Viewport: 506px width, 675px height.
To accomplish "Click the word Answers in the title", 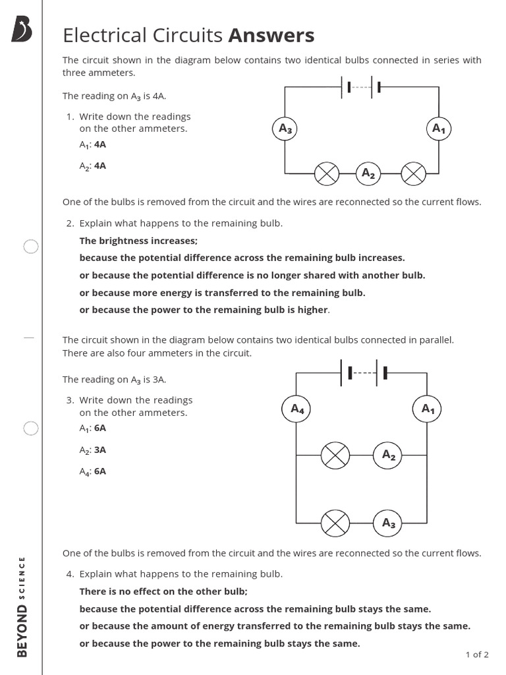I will pyautogui.click(x=271, y=35).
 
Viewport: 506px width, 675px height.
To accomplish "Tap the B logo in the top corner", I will pyautogui.click(x=22, y=30).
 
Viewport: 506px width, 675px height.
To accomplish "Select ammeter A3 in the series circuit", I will pyautogui.click(x=285, y=129).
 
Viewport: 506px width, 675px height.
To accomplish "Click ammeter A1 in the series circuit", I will pyautogui.click(x=439, y=129).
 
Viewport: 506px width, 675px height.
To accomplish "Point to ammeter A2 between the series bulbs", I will pyautogui.click(x=368, y=174).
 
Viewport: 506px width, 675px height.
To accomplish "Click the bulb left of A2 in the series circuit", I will pyautogui.click(x=326, y=174).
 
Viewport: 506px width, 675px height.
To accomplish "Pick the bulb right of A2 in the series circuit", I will pyautogui.click(x=414, y=174).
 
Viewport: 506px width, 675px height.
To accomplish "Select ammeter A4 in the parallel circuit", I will pyautogui.click(x=297, y=409).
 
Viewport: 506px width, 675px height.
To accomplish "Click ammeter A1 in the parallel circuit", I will pyautogui.click(x=428, y=409).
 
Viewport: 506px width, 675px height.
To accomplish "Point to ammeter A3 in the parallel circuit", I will pyautogui.click(x=389, y=523).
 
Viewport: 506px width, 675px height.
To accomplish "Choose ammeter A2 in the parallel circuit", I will pyautogui.click(x=389, y=455).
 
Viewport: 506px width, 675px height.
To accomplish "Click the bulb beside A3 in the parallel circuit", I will pyautogui.click(x=335, y=523).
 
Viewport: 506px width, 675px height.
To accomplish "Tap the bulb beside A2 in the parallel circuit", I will pyautogui.click(x=335, y=455).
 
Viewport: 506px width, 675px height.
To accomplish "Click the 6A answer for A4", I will pyautogui.click(x=100, y=471).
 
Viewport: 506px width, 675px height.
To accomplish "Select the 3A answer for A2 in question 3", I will pyautogui.click(x=100, y=450).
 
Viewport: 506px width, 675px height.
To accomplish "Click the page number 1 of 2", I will pyautogui.click(x=477, y=655).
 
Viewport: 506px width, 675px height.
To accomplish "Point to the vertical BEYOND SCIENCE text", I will pyautogui.click(x=22, y=607).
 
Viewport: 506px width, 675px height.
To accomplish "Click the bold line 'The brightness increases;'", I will pyautogui.click(x=138, y=241).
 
